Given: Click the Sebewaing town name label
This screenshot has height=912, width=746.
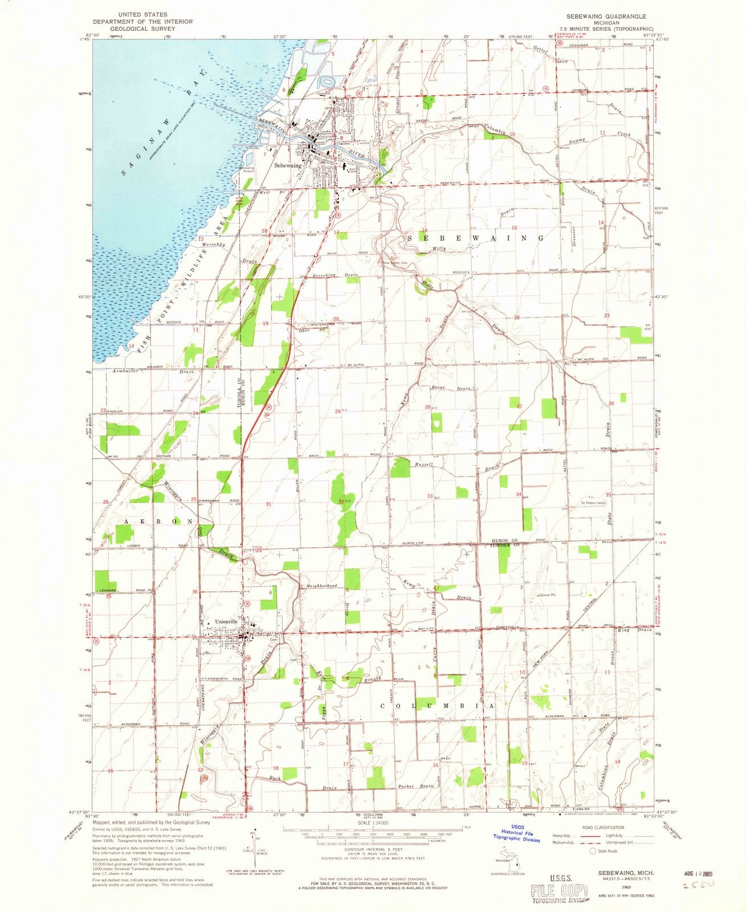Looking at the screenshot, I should (x=288, y=166).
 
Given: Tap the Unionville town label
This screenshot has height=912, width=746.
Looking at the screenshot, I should (x=226, y=622).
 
